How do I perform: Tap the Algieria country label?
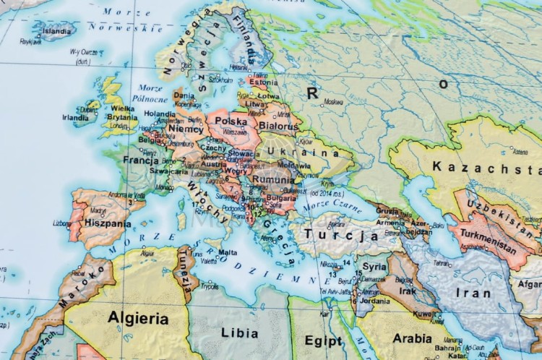coord(137,318)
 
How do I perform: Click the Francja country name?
coord(141,160)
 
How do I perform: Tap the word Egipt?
coord(324,339)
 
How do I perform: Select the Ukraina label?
coord(303,152)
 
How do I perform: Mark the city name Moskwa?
coord(333,103)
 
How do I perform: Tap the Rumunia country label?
coord(274,180)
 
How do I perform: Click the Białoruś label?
coord(277,127)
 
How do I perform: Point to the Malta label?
coord(228,252)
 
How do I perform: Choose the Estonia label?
coord(263,82)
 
